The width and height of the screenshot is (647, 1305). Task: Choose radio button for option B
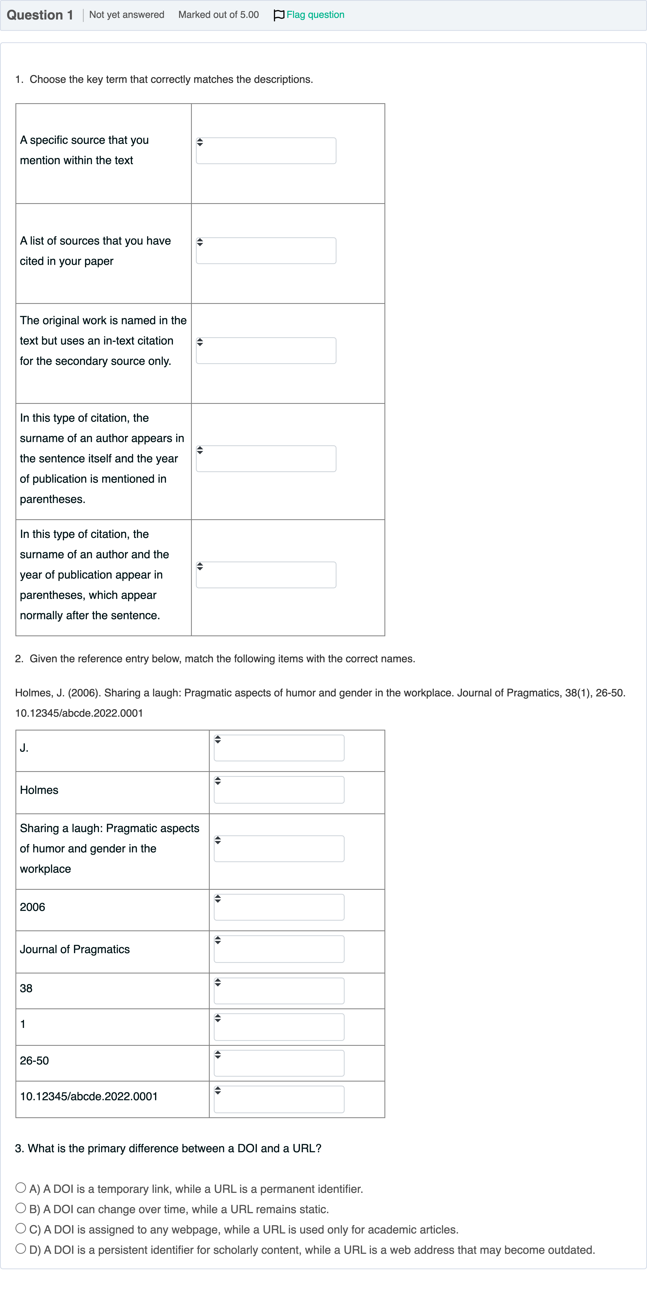pos(21,1208)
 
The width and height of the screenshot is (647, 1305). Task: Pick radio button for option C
pos(21,1228)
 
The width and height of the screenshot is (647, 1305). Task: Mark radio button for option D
pos(21,1249)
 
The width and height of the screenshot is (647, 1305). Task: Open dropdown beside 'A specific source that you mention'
pos(266,151)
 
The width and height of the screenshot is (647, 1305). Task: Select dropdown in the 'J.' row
pos(279,748)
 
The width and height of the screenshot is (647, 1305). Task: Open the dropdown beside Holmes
pos(279,790)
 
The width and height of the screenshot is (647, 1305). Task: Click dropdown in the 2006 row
pos(279,907)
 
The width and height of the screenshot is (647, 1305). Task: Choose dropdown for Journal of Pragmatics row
pos(279,949)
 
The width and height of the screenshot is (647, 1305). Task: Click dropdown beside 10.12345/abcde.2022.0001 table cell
pos(279,1099)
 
